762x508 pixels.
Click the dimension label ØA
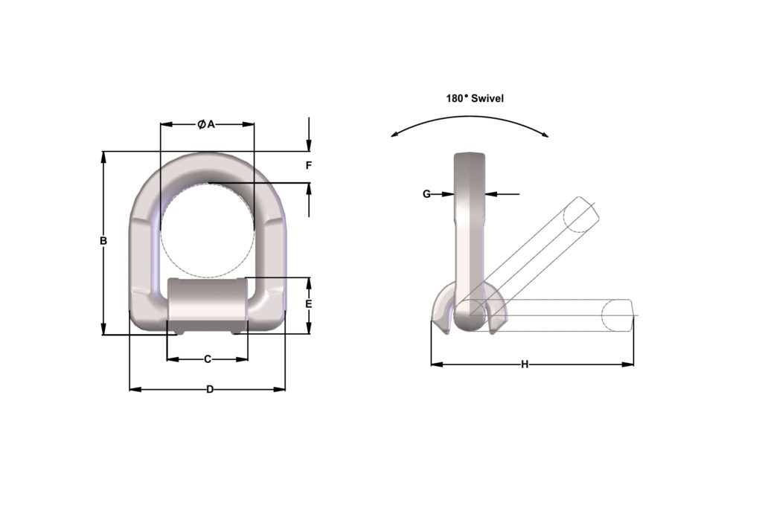206,124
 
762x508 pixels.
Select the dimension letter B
103,241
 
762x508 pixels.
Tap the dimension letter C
208,359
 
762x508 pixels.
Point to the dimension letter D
210,389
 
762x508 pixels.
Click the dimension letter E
309,304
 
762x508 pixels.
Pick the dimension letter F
309,165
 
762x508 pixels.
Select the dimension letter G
426,194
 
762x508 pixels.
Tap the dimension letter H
525,364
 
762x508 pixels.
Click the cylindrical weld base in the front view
207,301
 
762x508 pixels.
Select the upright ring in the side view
469,223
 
